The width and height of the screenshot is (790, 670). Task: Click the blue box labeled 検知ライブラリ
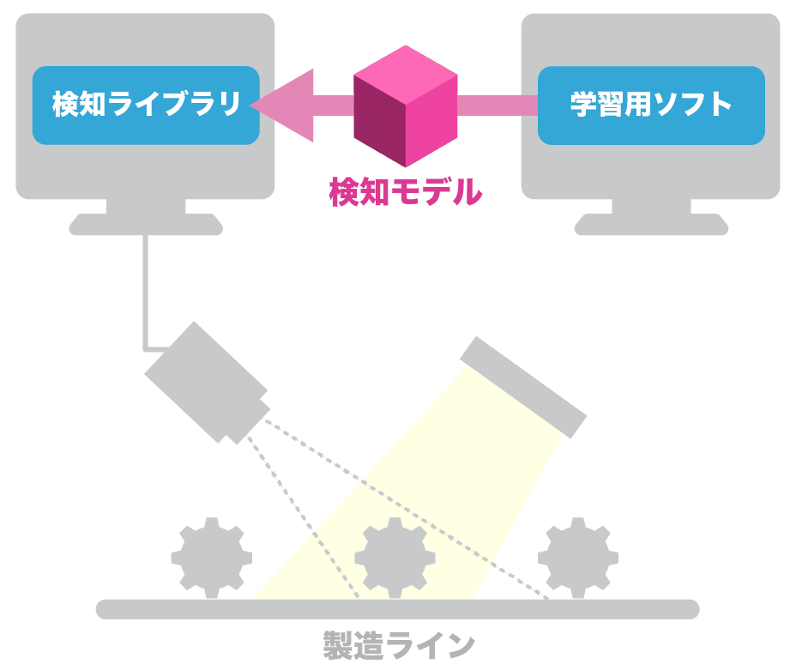[x=145, y=105]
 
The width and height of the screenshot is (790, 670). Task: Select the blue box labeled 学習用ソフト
[x=650, y=105]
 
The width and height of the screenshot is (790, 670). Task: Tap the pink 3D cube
[x=406, y=106]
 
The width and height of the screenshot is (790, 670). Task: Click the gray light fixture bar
[x=523, y=385]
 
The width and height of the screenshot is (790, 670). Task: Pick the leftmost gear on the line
[x=211, y=557]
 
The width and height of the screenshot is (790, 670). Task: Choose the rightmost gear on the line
[x=578, y=557]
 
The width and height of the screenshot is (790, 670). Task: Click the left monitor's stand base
[x=145, y=226]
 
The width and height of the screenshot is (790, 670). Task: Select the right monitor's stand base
[x=650, y=226]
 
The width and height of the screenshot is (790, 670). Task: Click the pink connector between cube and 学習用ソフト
[x=498, y=105]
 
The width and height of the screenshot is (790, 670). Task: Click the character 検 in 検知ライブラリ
[x=65, y=105]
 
